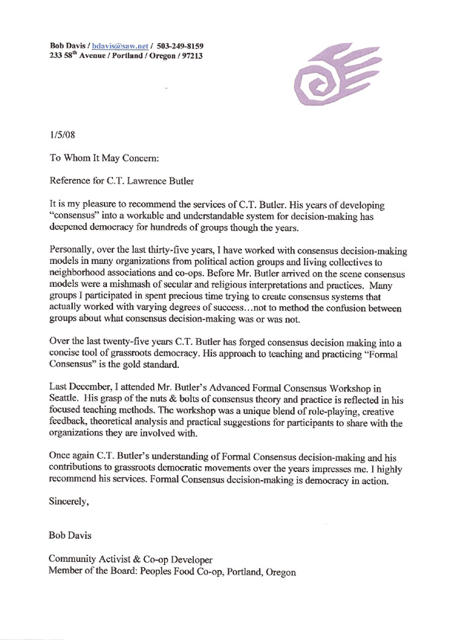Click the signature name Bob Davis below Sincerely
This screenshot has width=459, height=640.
[x=68, y=535]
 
